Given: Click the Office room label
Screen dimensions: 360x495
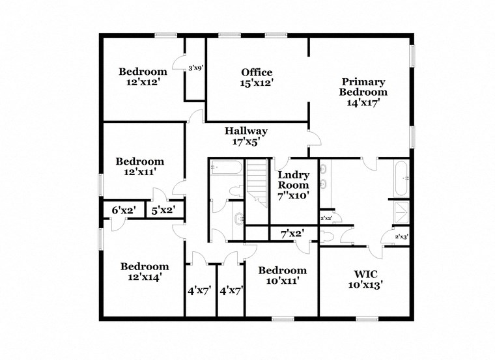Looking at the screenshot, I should (x=256, y=72).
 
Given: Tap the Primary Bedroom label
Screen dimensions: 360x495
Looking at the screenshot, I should (x=363, y=82).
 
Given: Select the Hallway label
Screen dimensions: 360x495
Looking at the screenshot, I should (x=246, y=131).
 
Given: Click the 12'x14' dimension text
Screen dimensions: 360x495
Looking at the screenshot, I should (x=144, y=277).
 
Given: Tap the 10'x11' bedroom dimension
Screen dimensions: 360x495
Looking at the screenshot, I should (x=282, y=281).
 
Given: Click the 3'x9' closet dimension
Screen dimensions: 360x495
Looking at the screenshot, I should (x=195, y=68).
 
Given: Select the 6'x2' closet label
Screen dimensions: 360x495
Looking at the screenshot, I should (x=122, y=210).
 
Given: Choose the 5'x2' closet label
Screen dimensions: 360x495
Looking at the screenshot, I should (x=162, y=210).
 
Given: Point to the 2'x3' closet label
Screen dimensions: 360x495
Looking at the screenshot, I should (x=401, y=237).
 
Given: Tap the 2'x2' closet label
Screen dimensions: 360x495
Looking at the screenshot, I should (x=326, y=219).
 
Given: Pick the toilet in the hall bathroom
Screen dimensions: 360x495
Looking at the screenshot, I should (x=236, y=193).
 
